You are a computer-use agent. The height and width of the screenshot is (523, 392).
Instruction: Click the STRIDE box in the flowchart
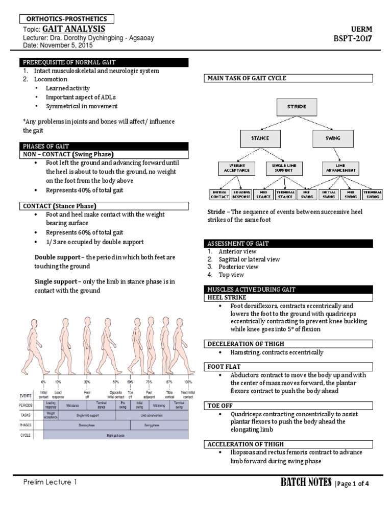[x=297, y=107]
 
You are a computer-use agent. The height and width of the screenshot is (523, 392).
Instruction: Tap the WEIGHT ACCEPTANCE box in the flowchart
[x=236, y=168]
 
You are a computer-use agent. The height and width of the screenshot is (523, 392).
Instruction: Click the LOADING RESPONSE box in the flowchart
[x=241, y=194]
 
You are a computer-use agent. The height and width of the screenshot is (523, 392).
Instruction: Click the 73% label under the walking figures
[x=150, y=382]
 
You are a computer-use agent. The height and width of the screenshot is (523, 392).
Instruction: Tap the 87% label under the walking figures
[x=169, y=382]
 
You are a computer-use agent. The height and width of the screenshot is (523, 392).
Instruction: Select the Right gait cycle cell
[x=116, y=435]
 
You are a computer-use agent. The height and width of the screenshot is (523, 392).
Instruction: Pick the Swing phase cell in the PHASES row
[x=152, y=424]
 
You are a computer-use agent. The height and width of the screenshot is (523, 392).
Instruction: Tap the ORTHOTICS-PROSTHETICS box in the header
[x=67, y=19]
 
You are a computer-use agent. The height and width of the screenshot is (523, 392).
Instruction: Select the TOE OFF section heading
[x=220, y=406]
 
